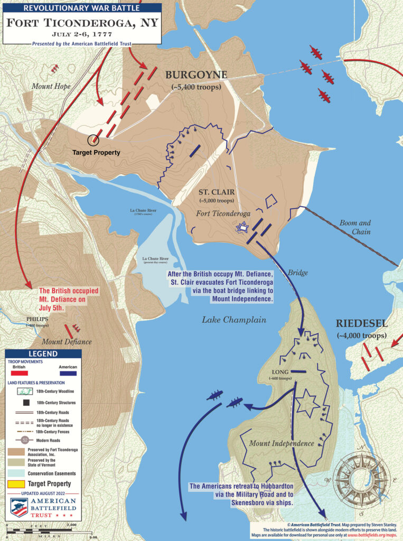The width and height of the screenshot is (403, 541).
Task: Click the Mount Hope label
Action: (51, 86)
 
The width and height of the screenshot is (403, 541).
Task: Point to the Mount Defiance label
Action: (68, 342)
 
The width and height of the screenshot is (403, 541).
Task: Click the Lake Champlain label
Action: (234, 320)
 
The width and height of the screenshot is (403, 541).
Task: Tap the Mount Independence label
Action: (282, 443)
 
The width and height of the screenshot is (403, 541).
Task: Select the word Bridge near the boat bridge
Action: (297, 273)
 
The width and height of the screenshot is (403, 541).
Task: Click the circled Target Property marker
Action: (93, 140)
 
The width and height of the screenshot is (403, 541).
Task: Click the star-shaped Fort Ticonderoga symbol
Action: (242, 227)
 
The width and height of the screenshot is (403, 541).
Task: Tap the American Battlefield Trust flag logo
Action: (20, 508)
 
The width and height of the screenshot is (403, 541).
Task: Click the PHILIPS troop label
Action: (38, 319)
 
